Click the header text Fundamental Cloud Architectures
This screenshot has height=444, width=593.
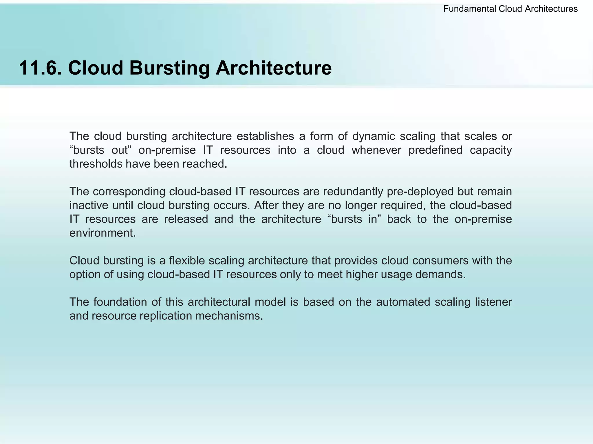[x=510, y=9]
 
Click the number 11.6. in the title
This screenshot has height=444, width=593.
[x=40, y=68]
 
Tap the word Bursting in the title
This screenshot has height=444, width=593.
[x=169, y=68]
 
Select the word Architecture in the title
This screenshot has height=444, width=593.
[x=274, y=68]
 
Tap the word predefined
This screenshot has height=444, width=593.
[x=435, y=150]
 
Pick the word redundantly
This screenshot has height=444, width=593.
[x=344, y=191]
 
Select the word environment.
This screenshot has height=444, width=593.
[x=103, y=233]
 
